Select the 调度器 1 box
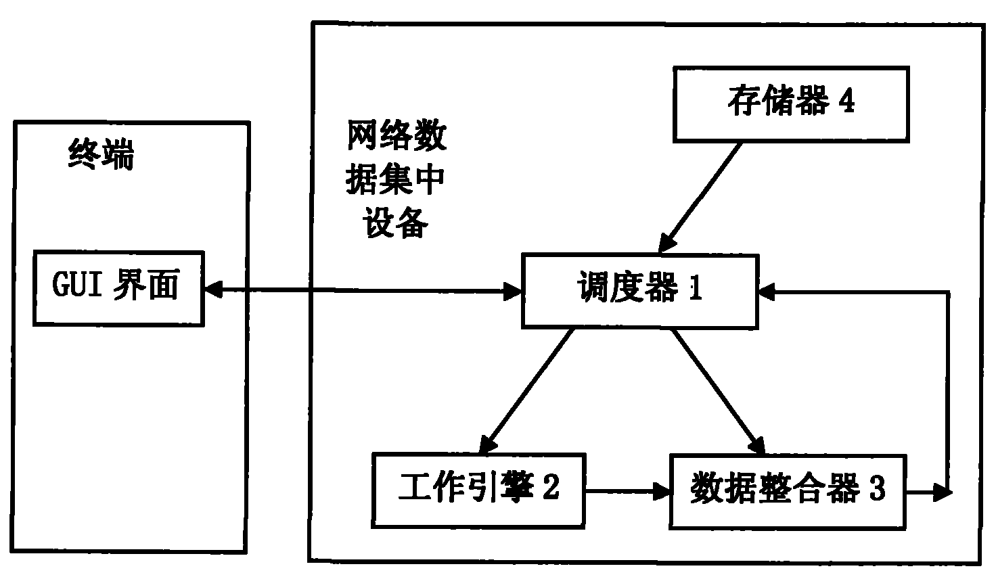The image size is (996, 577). coord(639,291)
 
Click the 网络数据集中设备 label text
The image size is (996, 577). coord(396,179)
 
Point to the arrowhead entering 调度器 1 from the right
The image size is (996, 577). coord(769,292)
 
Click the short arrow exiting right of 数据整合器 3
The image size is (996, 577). coord(930,493)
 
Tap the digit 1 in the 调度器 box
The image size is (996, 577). coord(695,290)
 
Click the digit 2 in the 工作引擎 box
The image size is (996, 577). coord(551,488)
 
